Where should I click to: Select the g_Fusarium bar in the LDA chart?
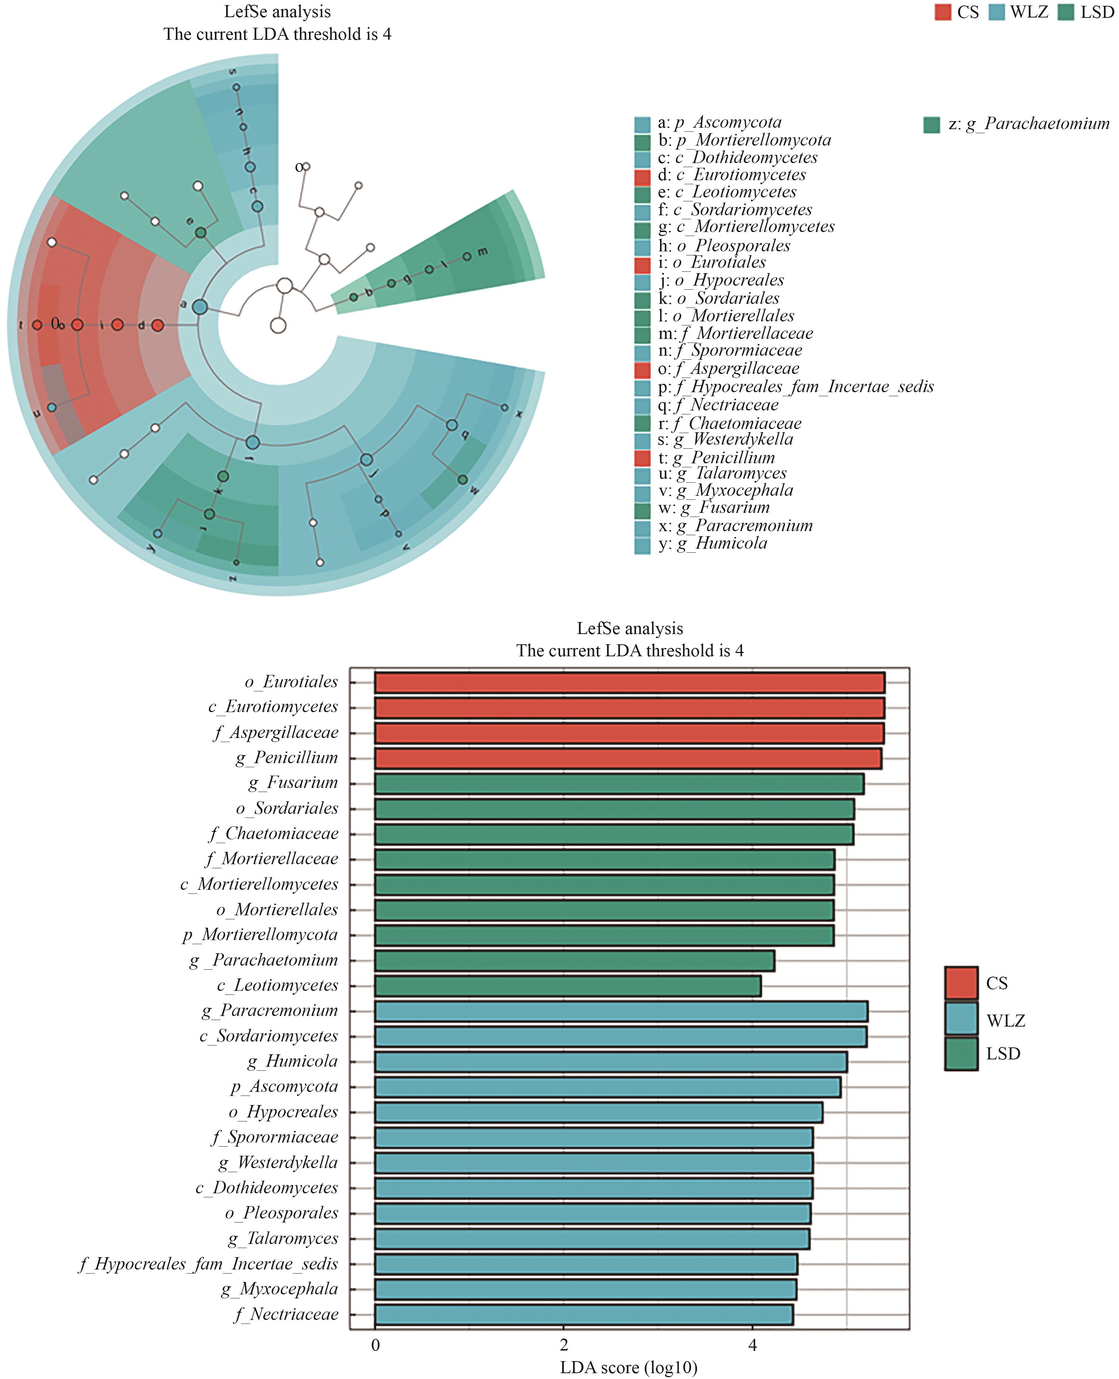[x=619, y=784]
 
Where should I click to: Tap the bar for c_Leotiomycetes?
[x=567, y=986]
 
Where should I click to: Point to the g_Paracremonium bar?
[x=621, y=1011]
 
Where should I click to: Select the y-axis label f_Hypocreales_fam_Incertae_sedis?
[x=208, y=1264]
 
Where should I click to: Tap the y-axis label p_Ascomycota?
[x=284, y=1087]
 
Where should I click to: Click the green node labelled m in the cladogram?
[x=467, y=256]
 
